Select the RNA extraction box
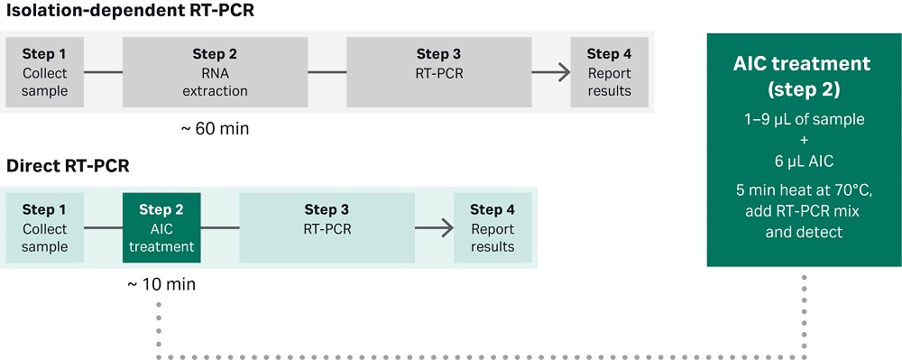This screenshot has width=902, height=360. [215, 72]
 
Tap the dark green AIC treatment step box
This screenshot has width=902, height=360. [161, 227]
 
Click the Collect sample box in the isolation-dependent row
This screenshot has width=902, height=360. [45, 72]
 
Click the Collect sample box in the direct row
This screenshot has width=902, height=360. [45, 227]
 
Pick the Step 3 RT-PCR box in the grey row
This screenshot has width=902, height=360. [438, 72]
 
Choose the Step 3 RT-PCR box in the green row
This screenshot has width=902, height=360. [327, 227]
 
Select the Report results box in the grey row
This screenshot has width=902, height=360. [609, 72]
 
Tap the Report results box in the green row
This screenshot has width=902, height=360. [492, 227]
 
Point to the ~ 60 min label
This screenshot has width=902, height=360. [215, 129]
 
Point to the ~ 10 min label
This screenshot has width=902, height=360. [161, 284]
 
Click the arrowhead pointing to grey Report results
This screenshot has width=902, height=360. [564, 72]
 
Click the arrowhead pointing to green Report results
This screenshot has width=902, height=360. [446, 227]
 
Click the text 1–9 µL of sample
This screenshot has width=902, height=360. [803, 120]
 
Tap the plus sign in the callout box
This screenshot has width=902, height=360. [803, 140]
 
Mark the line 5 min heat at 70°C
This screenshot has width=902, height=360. [803, 190]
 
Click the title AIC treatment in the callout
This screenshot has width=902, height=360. [803, 64]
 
